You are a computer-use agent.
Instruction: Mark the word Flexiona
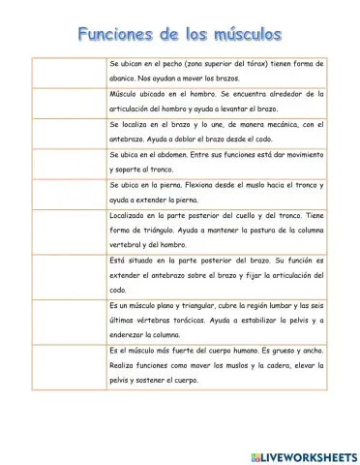(199, 186)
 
